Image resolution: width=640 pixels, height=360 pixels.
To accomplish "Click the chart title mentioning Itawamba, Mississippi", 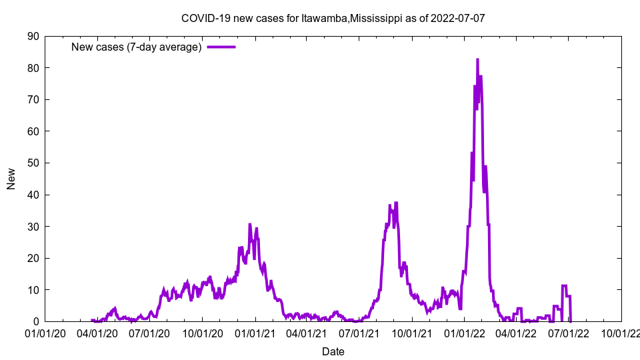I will tap(333, 18).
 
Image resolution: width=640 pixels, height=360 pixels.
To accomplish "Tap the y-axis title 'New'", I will tap(11, 179).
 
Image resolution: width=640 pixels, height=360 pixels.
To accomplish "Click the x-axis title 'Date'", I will tap(333, 351).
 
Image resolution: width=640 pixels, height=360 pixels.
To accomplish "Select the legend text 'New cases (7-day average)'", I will tap(137, 47).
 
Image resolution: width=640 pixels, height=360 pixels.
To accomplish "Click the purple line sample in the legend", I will tap(221, 47).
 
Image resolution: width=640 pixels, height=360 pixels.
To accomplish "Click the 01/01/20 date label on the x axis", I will tap(45, 333).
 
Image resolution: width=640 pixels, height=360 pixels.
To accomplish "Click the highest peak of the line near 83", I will tap(477, 59).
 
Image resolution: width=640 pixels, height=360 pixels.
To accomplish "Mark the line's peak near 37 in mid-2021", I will tap(396, 203).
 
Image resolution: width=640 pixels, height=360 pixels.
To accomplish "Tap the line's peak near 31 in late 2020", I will tap(250, 224).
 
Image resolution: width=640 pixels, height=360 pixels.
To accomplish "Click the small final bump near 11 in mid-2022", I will tap(565, 286).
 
